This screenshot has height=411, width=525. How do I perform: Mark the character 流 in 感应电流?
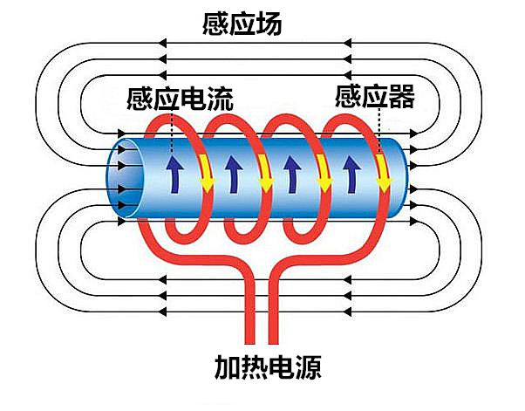point(221,97)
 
